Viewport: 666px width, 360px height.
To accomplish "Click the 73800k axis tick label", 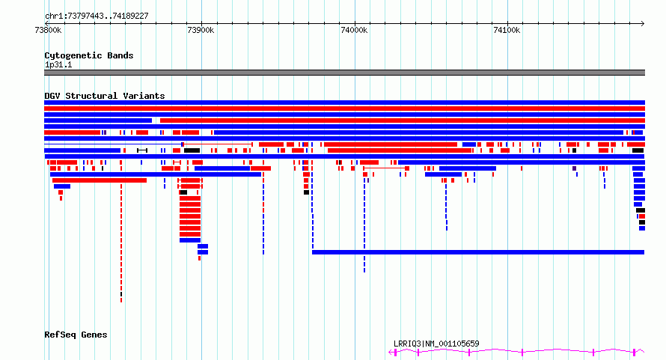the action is pos(48,30).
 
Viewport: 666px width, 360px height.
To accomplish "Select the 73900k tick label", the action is pos(201,30).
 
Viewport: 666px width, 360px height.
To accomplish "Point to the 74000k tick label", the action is pos(354,30).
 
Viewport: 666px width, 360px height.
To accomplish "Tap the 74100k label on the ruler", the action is pos(507,30).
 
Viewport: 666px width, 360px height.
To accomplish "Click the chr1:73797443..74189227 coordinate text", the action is pos(97,16).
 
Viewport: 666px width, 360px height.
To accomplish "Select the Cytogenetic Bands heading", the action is pos(89,55).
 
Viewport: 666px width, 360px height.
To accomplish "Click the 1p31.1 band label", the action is pos(58,64).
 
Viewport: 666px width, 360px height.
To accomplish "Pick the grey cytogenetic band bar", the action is pos(344,73).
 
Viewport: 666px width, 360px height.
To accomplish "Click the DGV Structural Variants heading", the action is pos(105,96).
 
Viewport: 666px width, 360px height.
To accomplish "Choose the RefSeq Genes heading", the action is pos(76,335).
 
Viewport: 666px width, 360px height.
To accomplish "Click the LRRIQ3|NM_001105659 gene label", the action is pos(436,344).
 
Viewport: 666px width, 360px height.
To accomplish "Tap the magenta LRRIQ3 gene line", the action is pos(516,352).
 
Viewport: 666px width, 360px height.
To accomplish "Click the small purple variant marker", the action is pos(574,168).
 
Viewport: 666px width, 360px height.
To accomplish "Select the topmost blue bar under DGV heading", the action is pos(344,103).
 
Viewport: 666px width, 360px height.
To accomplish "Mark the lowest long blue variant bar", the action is pos(478,252).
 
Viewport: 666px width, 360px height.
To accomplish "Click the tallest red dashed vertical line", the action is pos(121,242).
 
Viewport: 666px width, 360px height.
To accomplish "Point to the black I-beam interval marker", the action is pos(142,150).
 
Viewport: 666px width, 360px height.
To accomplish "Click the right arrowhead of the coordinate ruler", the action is pos(643,23).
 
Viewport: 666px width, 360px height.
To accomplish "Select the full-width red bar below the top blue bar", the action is pos(344,109).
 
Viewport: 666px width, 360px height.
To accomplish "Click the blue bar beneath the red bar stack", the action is pos(190,240).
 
